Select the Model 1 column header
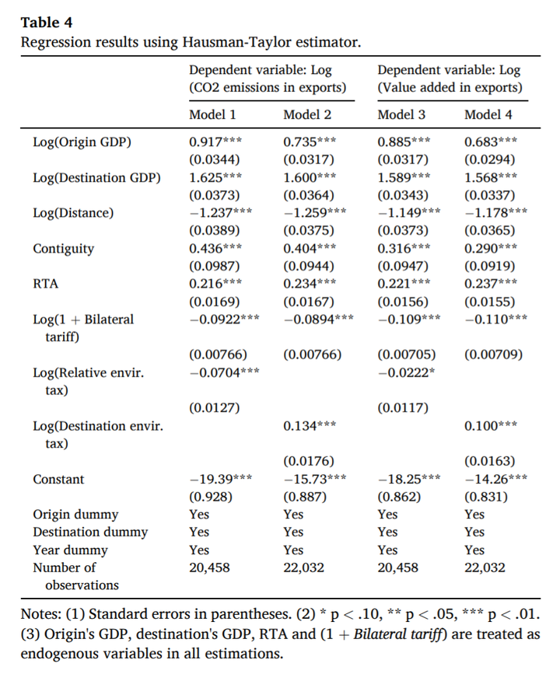(x=212, y=115)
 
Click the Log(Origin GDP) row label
(x=82, y=142)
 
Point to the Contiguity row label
(x=63, y=249)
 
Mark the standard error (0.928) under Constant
(x=212, y=497)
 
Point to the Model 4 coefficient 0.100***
(x=491, y=426)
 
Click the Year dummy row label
(x=70, y=550)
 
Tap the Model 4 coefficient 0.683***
(x=491, y=142)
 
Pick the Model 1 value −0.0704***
(x=225, y=372)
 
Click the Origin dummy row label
(x=75, y=515)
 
